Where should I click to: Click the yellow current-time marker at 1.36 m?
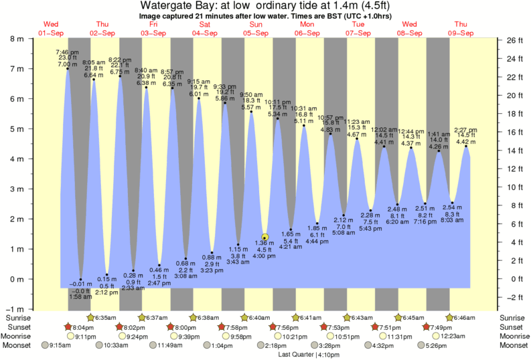pos(265,237)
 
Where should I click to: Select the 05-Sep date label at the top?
pos(255,33)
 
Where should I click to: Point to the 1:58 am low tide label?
pos(80,296)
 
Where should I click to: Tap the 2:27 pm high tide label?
pos(467,130)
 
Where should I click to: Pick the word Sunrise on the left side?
pos(18,317)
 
